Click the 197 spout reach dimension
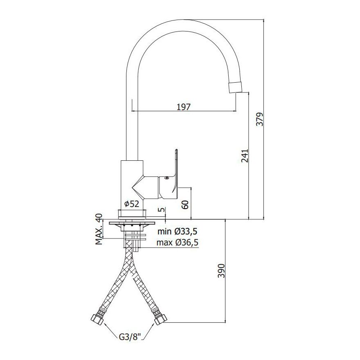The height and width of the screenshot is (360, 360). pos(184,107)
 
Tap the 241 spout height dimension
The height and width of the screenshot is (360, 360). pos(245,156)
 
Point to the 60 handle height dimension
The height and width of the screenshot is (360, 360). pos(186,205)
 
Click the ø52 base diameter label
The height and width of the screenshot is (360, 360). pos(132,204)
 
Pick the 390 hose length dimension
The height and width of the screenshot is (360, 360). pos(221,271)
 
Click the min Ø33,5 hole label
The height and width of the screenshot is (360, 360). pos(177,232)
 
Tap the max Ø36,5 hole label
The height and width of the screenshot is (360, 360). pos(178,242)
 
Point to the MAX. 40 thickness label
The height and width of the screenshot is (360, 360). pos(99,229)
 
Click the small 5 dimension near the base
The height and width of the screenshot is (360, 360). pos(162,210)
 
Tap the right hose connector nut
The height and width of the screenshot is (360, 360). pos(160,318)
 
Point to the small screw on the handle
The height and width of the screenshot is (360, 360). pos(166,178)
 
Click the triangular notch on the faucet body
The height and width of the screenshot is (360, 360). pos(138,187)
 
